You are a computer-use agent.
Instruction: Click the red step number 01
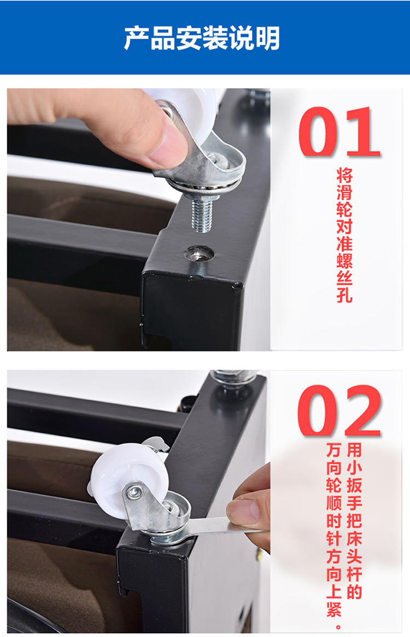pyautogui.click(x=339, y=132)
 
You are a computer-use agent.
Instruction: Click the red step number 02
pyautogui.click(x=339, y=410)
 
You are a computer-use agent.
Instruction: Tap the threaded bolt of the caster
pyautogui.click(x=201, y=214)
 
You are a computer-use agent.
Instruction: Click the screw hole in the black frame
pyautogui.click(x=200, y=254)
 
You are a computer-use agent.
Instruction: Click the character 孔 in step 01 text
pyautogui.click(x=344, y=293)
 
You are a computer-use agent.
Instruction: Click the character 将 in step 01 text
pyautogui.click(x=344, y=175)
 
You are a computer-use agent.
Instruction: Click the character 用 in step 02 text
pyautogui.click(x=354, y=450)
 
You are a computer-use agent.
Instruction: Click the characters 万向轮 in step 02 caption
pyautogui.click(x=335, y=468)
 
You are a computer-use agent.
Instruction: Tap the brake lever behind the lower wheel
pyautogui.click(x=156, y=445)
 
